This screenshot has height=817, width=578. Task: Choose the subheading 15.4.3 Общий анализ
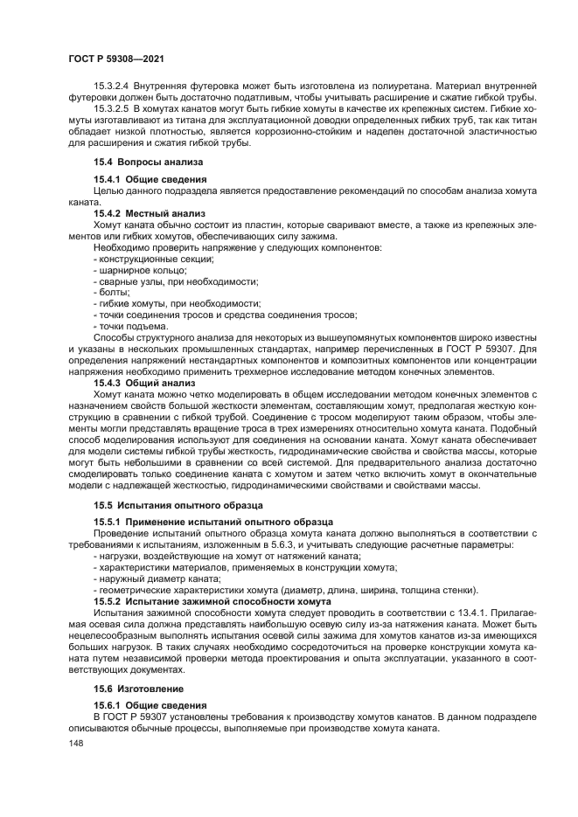pos(144,383)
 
